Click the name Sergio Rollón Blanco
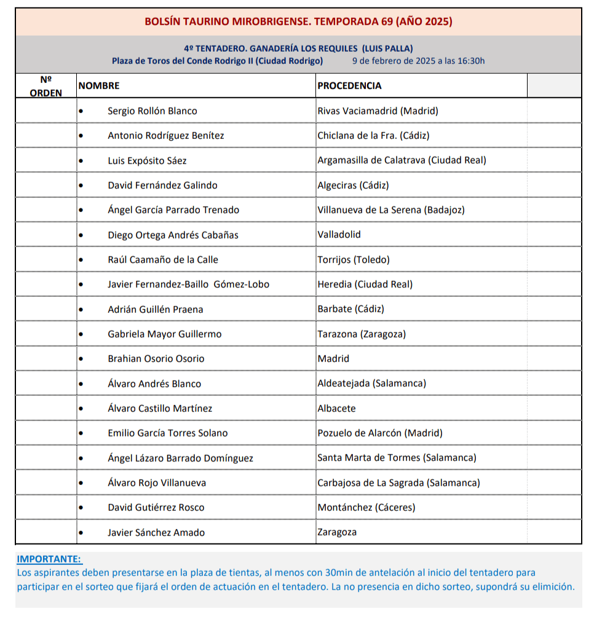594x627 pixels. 152,111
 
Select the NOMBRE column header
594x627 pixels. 99,86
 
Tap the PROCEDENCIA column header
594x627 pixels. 349,86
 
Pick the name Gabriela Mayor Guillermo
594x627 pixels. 164,334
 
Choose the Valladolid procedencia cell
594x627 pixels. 339,235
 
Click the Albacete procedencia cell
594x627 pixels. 336,408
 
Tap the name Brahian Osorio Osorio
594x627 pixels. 156,359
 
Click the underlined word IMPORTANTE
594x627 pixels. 49,559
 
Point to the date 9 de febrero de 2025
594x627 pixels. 418,61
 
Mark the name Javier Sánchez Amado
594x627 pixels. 156,532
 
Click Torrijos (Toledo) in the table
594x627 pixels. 354,260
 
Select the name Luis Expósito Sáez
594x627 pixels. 147,160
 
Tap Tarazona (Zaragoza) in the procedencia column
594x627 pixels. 362,334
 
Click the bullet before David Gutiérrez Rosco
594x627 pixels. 81,508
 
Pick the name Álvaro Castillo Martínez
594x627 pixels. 160,408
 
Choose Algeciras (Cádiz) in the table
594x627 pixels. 353,185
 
